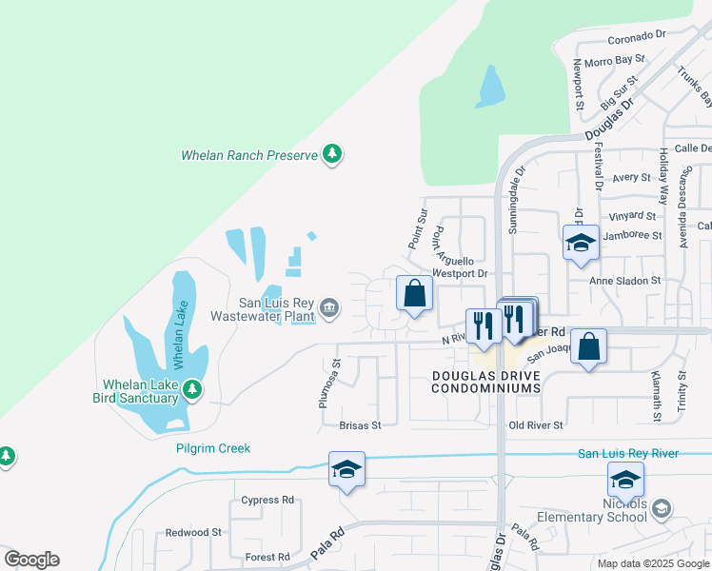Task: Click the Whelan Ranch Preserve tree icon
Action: point(332,154)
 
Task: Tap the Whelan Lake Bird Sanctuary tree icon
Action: point(192,389)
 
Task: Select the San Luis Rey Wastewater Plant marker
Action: point(328,306)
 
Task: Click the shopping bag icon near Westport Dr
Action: point(414,294)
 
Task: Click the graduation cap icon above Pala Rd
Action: point(346,469)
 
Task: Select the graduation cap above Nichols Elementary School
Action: point(625,479)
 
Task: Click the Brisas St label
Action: point(362,425)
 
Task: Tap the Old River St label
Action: point(536,425)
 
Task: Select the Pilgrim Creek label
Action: point(212,448)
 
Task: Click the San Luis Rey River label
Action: point(628,453)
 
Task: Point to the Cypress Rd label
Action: point(267,500)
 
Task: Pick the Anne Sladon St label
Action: point(624,281)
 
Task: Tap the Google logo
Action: point(31,560)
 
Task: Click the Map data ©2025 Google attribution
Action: point(652,563)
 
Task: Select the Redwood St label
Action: point(193,533)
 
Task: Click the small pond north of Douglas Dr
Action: point(490,87)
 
